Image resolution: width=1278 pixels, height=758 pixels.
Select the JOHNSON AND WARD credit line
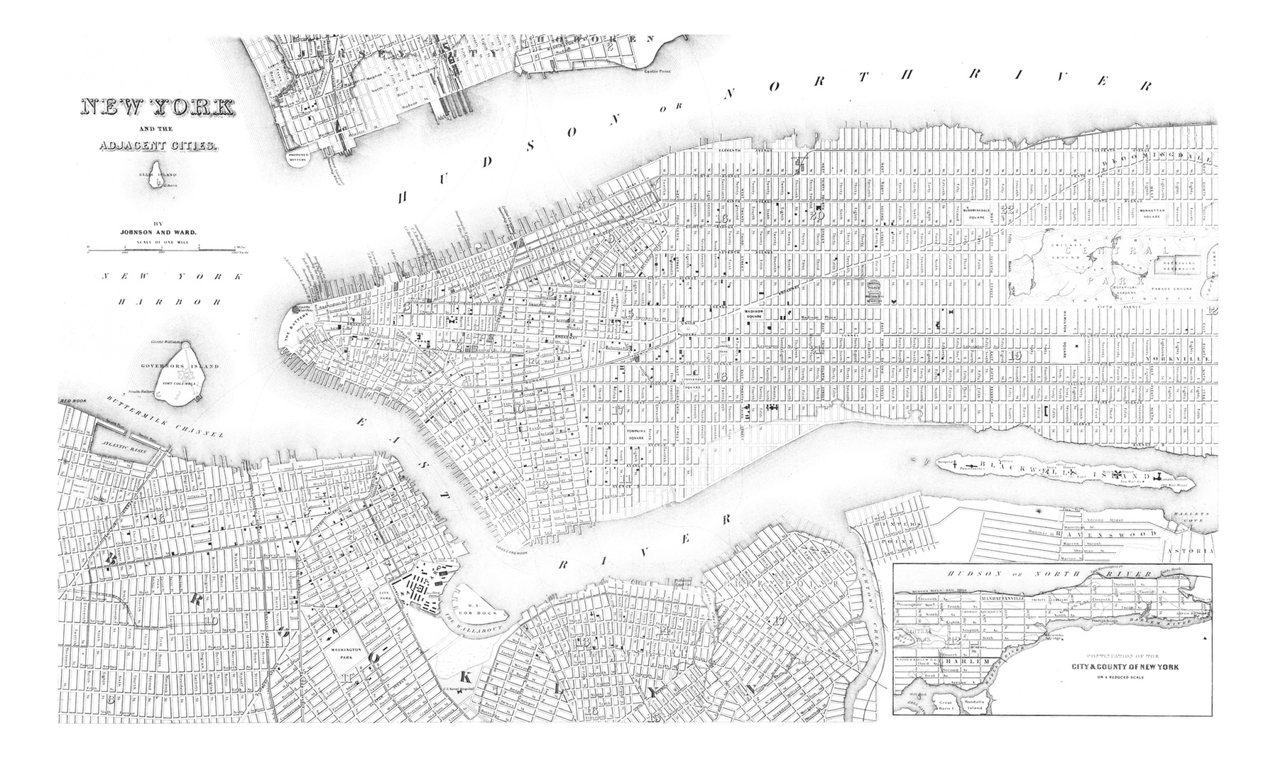tap(156, 231)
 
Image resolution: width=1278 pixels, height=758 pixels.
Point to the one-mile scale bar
tap(160, 248)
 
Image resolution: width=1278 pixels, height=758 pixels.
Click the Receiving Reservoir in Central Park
tap(1179, 265)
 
